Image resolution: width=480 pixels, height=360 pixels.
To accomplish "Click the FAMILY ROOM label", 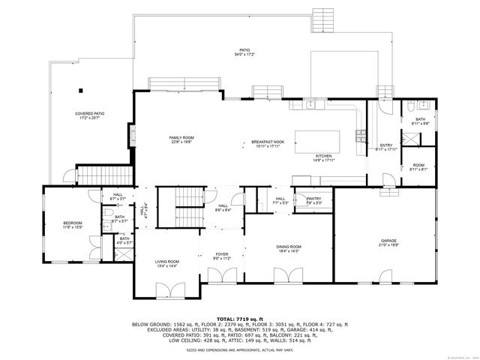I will click(x=181, y=138).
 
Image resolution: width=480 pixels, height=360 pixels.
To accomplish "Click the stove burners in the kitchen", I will click(x=361, y=136).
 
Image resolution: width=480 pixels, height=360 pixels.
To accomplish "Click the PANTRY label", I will click(x=313, y=199).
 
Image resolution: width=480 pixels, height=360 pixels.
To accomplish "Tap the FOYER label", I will click(x=222, y=254).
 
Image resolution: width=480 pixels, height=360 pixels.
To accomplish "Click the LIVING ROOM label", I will click(x=166, y=261).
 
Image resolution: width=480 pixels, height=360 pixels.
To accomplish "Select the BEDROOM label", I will click(x=72, y=223).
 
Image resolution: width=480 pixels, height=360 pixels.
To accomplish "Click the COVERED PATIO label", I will click(x=89, y=113).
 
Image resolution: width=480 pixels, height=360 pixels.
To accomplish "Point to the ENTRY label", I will click(x=386, y=145).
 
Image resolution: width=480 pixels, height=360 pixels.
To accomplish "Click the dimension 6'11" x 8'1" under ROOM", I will click(x=418, y=169).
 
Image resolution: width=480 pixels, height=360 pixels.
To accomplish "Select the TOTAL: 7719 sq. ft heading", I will click(x=239, y=319).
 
